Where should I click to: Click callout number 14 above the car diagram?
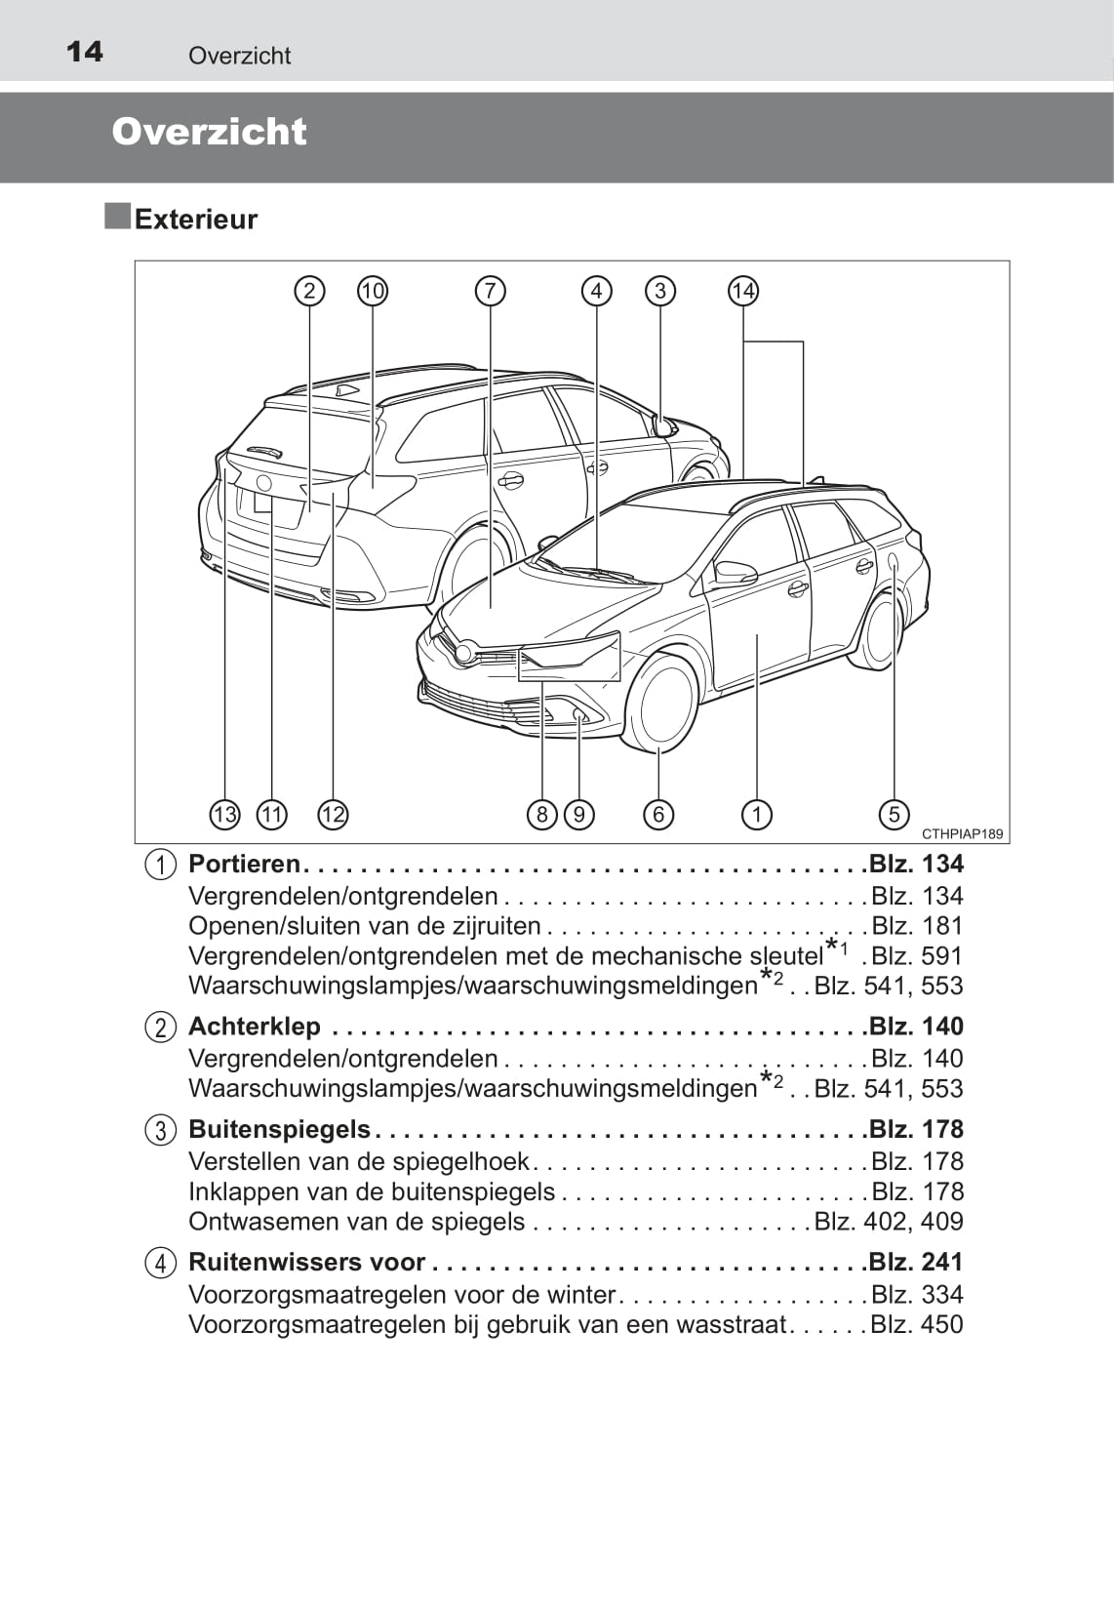[743, 291]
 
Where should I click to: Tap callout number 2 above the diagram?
[309, 291]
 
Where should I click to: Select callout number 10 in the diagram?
[373, 291]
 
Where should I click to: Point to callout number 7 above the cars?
[491, 291]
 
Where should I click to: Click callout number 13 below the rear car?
[224, 815]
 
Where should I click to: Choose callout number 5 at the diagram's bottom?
[895, 815]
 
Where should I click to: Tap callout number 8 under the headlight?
[542, 815]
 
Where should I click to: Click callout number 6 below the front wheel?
[658, 815]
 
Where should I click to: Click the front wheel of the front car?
[661, 702]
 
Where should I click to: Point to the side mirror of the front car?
[735, 573]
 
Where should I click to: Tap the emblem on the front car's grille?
[464, 654]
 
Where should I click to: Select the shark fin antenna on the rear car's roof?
[346, 389]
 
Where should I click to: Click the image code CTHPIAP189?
[962, 833]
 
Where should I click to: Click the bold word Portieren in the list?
[244, 864]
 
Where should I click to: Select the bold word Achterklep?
[255, 1026]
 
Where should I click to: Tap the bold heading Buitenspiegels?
[279, 1129]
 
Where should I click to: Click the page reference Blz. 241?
[916, 1262]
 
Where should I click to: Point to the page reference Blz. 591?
[917, 955]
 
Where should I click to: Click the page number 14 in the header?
[84, 52]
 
